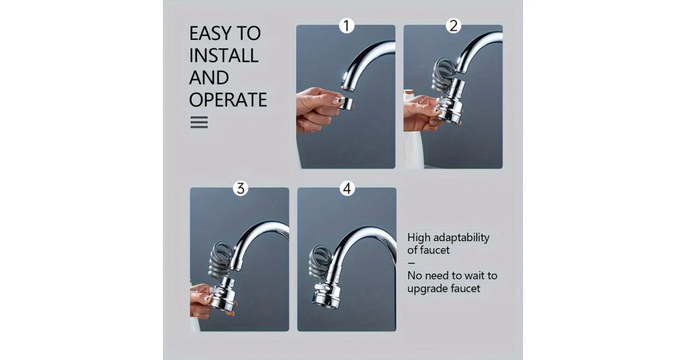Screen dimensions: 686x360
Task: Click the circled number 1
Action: click(x=346, y=25)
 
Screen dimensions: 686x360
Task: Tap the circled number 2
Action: click(x=453, y=25)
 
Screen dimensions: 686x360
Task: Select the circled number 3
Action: click(x=241, y=188)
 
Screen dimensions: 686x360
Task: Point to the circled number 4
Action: click(x=347, y=188)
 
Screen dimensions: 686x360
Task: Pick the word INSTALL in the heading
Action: click(x=224, y=55)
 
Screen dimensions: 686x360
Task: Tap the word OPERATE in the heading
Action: click(x=228, y=99)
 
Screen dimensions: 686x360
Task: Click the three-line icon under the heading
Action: click(x=199, y=122)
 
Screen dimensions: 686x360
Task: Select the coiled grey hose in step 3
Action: click(x=222, y=260)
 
